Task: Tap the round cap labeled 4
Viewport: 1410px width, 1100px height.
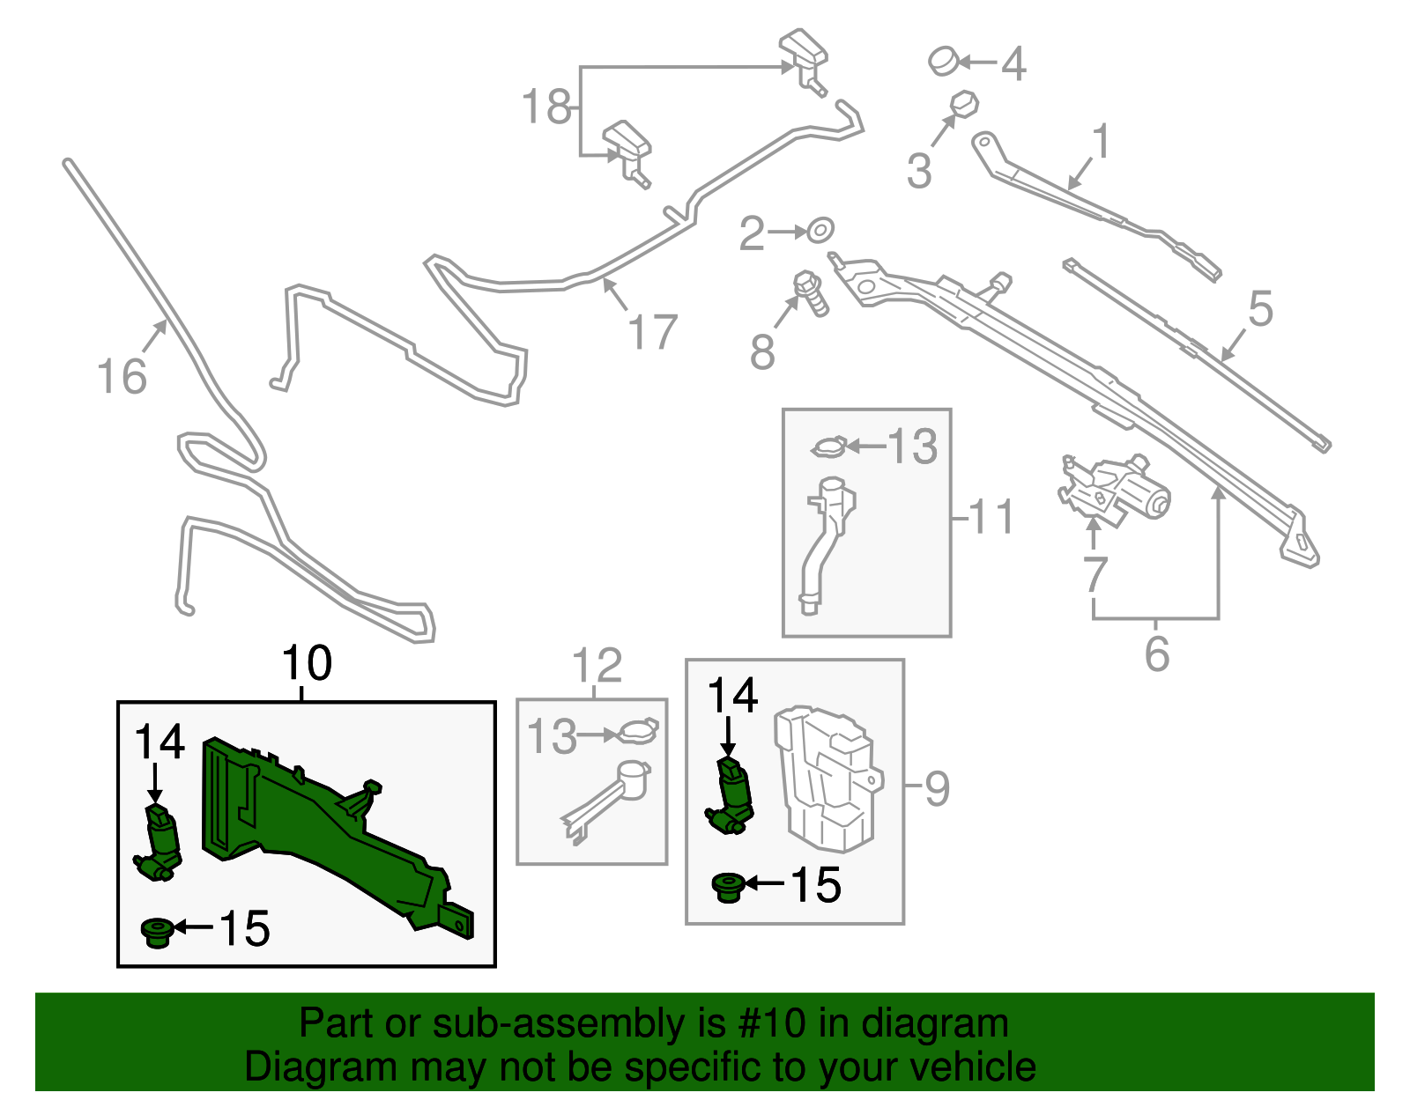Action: pyautogui.click(x=944, y=61)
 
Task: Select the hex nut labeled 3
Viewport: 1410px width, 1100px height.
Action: pyautogui.click(x=964, y=104)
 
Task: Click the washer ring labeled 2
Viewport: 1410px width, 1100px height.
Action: pyautogui.click(x=820, y=230)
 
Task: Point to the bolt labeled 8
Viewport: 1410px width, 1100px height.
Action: pyautogui.click(x=811, y=293)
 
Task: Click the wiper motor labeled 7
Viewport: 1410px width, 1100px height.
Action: pyautogui.click(x=1114, y=491)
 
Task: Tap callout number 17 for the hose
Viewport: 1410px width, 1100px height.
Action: pyautogui.click(x=653, y=332)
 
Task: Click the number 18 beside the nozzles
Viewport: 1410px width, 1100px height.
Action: pyautogui.click(x=547, y=107)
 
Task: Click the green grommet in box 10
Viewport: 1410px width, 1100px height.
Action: pyautogui.click(x=157, y=933)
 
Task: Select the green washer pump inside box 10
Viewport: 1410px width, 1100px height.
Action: pyautogui.click(x=159, y=842)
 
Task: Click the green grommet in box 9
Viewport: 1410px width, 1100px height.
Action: pyautogui.click(x=728, y=888)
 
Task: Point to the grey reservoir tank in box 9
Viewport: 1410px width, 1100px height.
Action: pyautogui.click(x=828, y=780)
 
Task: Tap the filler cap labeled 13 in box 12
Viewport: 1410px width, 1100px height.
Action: pyautogui.click(x=637, y=732)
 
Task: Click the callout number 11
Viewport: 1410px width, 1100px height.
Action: pyautogui.click(x=991, y=517)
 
